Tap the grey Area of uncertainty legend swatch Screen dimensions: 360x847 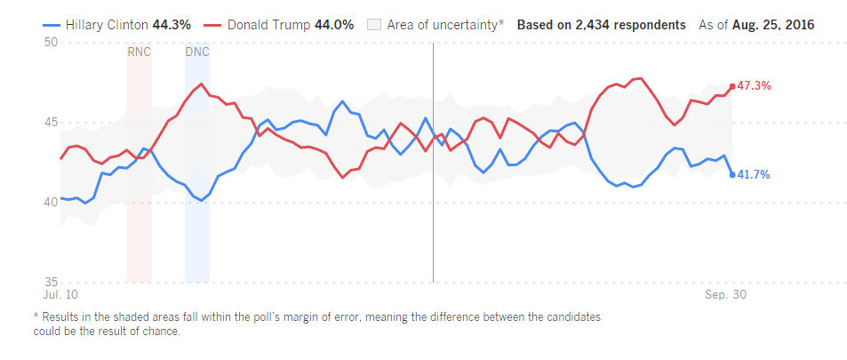pyautogui.click(x=374, y=25)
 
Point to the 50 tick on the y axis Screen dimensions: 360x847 pyautogui.click(x=51, y=43)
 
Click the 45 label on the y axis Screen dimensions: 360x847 pyautogui.click(x=51, y=122)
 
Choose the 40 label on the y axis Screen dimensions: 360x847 pyautogui.click(x=51, y=202)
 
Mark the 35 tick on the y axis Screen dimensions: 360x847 pyautogui.click(x=51, y=281)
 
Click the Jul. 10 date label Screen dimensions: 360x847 pyautogui.click(x=60, y=293)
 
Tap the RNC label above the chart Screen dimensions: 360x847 pyautogui.click(x=139, y=52)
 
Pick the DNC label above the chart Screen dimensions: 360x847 pyautogui.click(x=197, y=52)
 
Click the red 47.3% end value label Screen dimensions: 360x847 pyautogui.click(x=755, y=86)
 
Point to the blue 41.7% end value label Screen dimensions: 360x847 pyautogui.click(x=755, y=175)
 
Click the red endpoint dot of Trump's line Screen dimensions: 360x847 pyautogui.click(x=732, y=86)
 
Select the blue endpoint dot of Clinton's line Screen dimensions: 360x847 pyautogui.click(x=732, y=175)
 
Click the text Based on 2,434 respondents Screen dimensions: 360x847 pyautogui.click(x=601, y=25)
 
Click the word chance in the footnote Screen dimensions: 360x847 pyautogui.click(x=161, y=332)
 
